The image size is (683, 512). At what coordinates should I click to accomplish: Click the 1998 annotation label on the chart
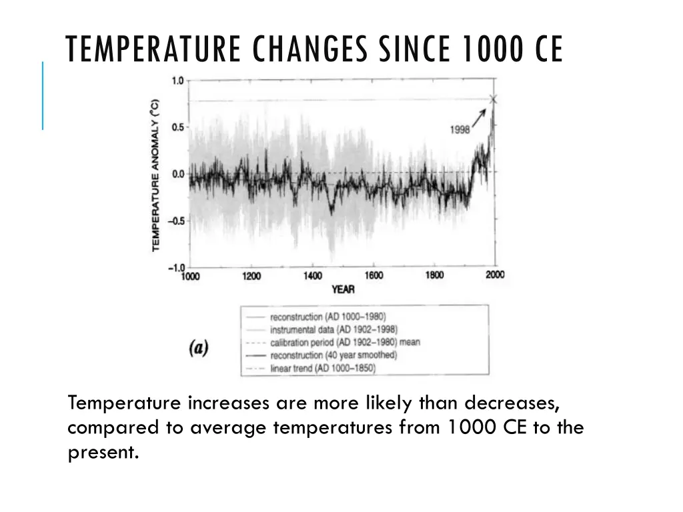pos(460,130)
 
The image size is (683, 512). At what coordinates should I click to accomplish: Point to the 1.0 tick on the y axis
pos(177,81)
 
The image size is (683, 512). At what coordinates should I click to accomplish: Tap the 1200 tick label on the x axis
pos(251,277)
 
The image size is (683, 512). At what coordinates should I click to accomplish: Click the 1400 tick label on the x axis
pos(312,276)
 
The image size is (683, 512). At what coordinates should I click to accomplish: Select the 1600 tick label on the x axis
pos(374,275)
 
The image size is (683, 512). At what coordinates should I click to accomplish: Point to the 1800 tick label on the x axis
pos(434,275)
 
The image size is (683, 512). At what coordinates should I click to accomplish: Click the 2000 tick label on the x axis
pos(495,275)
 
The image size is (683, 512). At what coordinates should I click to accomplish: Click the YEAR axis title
pos(343,289)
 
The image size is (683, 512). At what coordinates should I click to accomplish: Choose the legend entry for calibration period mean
pos(344,342)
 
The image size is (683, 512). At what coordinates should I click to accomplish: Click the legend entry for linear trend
pos(322,367)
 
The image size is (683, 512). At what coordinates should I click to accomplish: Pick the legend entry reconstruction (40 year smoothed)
pos(333,355)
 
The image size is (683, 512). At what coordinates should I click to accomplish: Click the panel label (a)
pos(199,348)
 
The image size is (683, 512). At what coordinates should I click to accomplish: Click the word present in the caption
pos(103,452)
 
